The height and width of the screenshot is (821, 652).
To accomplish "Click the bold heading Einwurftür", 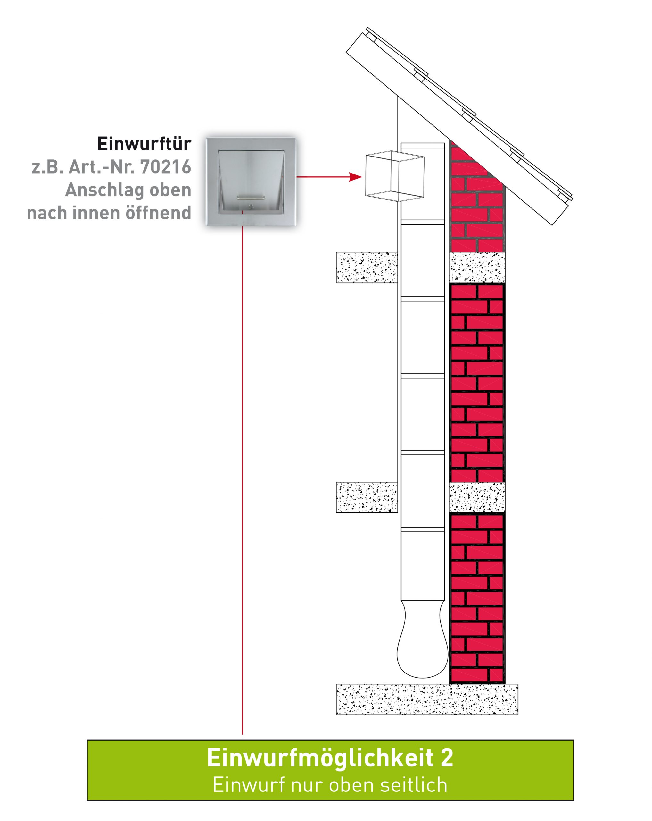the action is pos(144,144).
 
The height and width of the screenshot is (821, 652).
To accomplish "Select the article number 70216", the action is pos(165,167).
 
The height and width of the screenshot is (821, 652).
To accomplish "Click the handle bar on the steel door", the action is pos(250,197).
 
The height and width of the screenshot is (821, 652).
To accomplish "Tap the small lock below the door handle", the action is pos(251,206).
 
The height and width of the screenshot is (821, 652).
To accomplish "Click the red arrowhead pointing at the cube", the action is pos(355,177).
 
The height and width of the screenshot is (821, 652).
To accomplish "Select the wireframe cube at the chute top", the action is pos(394,176).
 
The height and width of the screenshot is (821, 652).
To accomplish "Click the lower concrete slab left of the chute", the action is pos(367,497).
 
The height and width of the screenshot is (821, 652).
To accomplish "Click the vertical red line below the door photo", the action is pos(243,480).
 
